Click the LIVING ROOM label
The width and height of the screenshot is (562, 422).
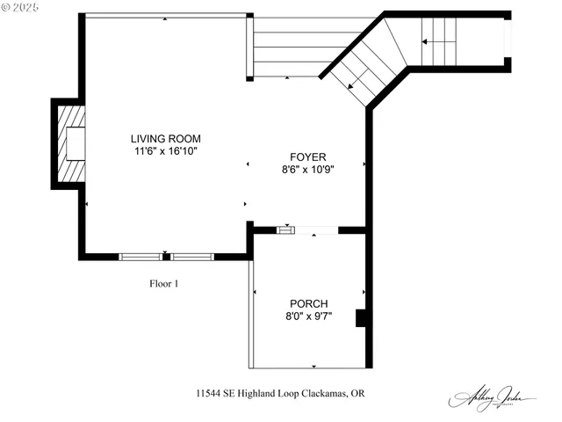(x=165, y=139)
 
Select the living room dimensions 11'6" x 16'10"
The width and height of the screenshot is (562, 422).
(x=165, y=151)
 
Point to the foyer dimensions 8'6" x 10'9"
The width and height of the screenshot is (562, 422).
(x=307, y=169)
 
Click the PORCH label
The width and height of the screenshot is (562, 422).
(x=307, y=303)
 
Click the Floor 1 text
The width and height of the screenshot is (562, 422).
(x=163, y=283)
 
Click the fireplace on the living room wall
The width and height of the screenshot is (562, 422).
(x=69, y=142)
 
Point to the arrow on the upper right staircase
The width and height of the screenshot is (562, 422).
(x=439, y=40)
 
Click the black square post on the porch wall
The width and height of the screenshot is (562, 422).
(x=361, y=317)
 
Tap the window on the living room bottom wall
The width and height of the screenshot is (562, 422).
(x=166, y=257)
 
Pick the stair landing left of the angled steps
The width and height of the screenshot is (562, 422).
(x=288, y=48)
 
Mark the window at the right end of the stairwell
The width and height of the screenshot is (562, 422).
(x=507, y=40)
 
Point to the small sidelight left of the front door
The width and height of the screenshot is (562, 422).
(x=285, y=230)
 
